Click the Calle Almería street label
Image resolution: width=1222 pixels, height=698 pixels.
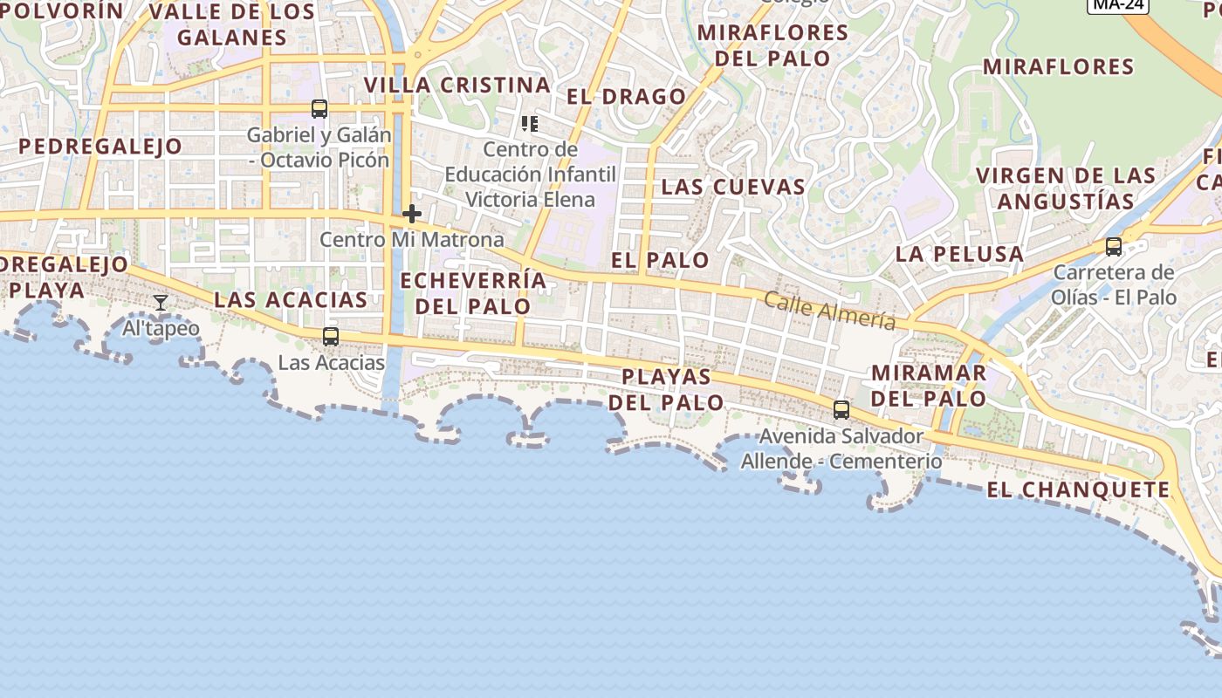829,311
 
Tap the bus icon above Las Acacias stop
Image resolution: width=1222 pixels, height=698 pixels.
330,336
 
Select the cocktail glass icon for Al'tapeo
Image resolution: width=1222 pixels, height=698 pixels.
161,303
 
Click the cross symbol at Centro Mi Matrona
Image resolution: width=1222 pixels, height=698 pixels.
412,214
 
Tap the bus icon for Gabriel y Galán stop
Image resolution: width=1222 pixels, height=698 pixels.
319,109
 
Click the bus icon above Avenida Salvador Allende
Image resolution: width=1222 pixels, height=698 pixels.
841,409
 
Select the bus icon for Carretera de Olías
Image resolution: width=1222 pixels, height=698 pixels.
1114,247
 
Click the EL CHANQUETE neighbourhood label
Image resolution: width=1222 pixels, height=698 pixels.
1078,490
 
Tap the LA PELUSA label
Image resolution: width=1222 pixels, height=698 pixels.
959,255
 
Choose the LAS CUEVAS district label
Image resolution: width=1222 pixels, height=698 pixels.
733,187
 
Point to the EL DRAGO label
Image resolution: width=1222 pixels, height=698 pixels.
627,97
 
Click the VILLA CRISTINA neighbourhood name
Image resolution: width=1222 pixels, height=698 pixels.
457,86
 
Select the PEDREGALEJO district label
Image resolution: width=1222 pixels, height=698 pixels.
100,147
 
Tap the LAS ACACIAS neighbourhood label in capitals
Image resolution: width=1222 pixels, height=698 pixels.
291,300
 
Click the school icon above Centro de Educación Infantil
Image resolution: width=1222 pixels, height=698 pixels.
529,124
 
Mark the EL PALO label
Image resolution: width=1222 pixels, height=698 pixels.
660,260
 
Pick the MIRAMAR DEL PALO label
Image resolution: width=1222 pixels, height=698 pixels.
930,386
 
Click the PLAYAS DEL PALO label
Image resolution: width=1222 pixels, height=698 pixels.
666,390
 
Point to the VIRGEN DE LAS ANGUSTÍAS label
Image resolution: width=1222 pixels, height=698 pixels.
1066,188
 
